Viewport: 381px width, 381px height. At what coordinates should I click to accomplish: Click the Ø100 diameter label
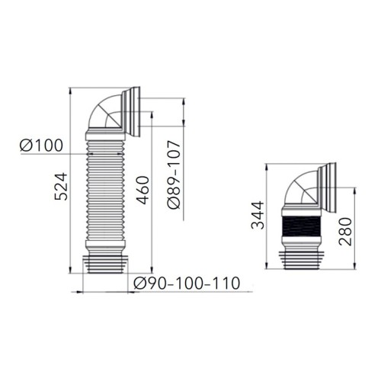pyautogui.click(x=41, y=146)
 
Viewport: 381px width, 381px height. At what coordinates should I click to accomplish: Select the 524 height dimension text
pyautogui.click(x=61, y=187)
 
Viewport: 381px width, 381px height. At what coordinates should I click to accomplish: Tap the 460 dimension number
pyautogui.click(x=142, y=190)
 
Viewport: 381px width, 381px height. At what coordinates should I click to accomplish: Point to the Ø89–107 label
pyautogui.click(x=174, y=174)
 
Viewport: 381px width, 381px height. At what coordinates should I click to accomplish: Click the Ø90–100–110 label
pyautogui.click(x=187, y=283)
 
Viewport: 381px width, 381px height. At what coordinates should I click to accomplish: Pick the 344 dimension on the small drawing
pyautogui.click(x=258, y=215)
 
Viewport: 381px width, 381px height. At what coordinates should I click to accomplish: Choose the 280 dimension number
pyautogui.click(x=346, y=232)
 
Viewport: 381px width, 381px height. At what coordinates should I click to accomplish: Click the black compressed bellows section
pyautogui.click(x=301, y=226)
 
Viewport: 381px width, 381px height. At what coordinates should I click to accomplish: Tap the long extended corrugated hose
pyautogui.click(x=105, y=190)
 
